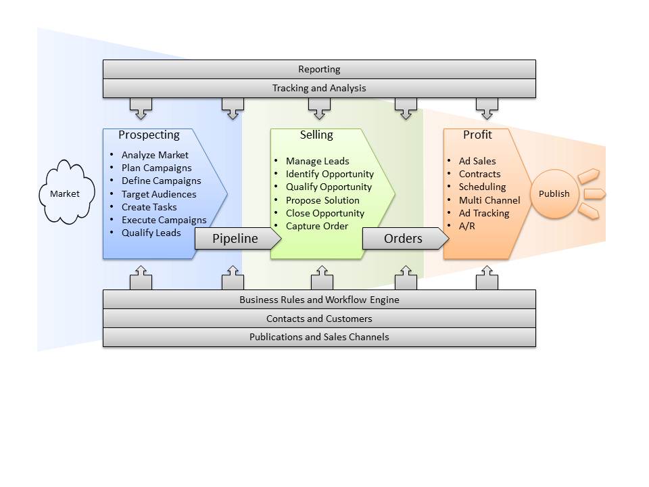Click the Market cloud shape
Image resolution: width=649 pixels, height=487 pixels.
coord(65,193)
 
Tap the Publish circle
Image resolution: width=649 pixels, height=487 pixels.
coord(554,193)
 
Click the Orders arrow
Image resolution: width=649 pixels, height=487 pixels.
coord(404,238)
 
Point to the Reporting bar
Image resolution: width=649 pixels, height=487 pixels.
coord(319,69)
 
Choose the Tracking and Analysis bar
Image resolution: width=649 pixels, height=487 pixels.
coord(319,88)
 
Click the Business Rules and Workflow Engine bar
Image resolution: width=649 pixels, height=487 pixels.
coord(319,300)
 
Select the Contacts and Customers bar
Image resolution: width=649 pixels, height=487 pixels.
coord(319,319)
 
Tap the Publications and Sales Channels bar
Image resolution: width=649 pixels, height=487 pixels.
coord(319,337)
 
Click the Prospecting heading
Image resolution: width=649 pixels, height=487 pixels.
coord(149,135)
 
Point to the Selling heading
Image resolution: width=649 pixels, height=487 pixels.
coord(316,135)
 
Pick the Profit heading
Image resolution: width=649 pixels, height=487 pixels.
coord(477,135)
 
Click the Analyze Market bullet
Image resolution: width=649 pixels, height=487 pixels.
coord(155,155)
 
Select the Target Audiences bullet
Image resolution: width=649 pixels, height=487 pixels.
coord(159,194)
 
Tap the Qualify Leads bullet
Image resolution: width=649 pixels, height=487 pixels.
coord(151,233)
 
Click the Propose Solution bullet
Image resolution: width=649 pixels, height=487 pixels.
coord(322,200)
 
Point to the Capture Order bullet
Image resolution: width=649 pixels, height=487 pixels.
coord(317,226)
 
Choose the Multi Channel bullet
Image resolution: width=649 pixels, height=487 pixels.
coord(489,200)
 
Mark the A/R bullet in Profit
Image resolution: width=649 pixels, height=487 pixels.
coord(466,226)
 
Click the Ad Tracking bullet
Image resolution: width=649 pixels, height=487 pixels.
coord(484,213)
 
